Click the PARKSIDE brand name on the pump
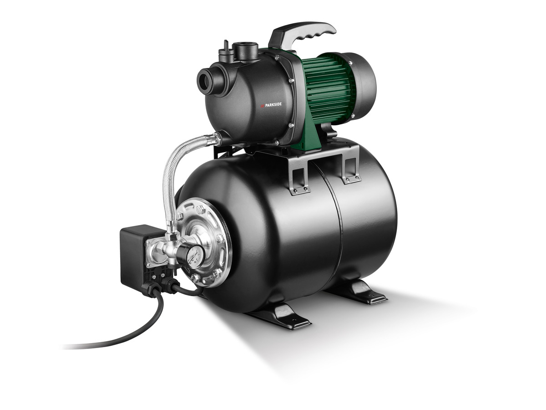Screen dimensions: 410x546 tap(272, 104)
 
